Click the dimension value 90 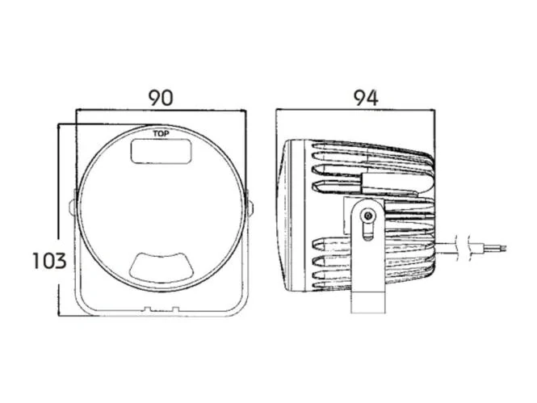pyautogui.click(x=161, y=98)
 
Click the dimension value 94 pyautogui.click(x=366, y=98)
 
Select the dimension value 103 pyautogui.click(x=49, y=261)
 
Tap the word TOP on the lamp pyautogui.click(x=161, y=134)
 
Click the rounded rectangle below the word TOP pyautogui.click(x=162, y=151)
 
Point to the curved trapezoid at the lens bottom pyautogui.click(x=162, y=265)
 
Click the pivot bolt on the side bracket pyautogui.click(x=368, y=216)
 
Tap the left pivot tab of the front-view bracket pyautogui.click(x=72, y=208)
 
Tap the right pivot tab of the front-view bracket pyautogui.click(x=250, y=208)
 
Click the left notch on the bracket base pyautogui.click(x=147, y=309)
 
